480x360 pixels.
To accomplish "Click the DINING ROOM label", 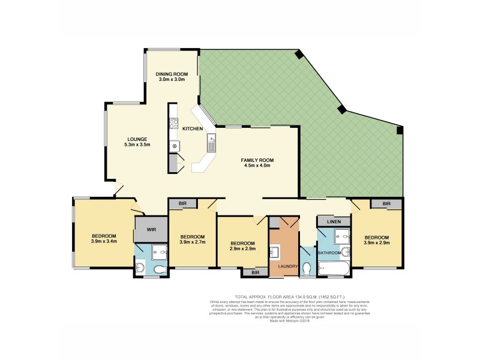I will pyautogui.click(x=172, y=74).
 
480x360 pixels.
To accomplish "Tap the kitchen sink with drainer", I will pyautogui.click(x=212, y=142).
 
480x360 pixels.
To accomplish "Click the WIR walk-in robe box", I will pyautogui.click(x=146, y=228).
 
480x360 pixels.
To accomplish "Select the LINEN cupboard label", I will pyautogui.click(x=334, y=222).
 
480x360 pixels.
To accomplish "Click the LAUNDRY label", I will pyautogui.click(x=284, y=266).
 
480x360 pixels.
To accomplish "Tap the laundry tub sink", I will pyautogui.click(x=275, y=251).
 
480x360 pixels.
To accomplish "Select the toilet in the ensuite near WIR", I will pyautogui.click(x=159, y=270).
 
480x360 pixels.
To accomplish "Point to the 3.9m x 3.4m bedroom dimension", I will pyautogui.click(x=104, y=242).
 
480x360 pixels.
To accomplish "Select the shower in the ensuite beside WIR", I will pyautogui.click(x=161, y=253).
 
